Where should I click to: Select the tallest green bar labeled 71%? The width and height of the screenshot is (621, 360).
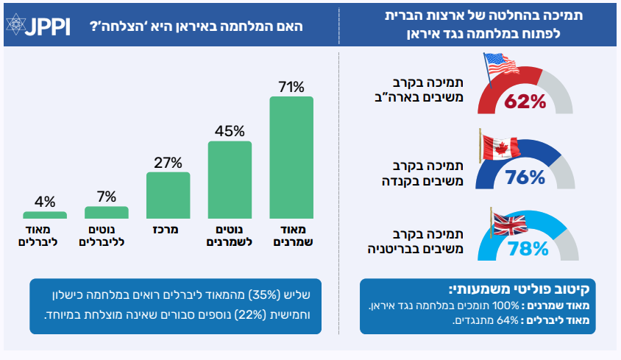291,158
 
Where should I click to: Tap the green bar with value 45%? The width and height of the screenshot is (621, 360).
230,180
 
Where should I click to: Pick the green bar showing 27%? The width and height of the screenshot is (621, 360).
168,196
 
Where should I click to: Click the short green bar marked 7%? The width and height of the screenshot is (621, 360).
107,212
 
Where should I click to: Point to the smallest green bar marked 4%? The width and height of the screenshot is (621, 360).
45,216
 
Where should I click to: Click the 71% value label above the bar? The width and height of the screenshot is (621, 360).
291,87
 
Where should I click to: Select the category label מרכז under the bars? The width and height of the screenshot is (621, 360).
168,230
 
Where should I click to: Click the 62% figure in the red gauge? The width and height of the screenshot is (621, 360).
525,102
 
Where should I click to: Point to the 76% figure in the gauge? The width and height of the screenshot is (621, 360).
525,177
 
